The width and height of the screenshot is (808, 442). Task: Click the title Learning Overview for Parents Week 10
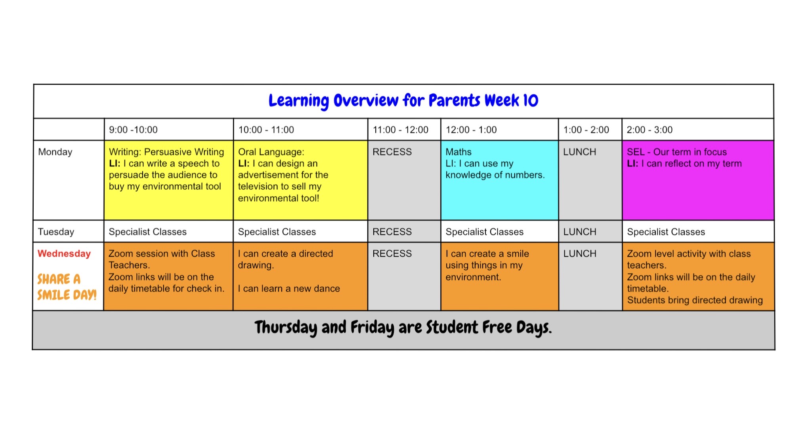[x=403, y=101]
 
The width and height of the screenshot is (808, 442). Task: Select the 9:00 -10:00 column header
[x=133, y=130]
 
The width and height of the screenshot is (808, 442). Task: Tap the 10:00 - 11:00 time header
[x=266, y=130]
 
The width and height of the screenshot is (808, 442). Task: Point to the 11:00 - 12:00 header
[x=400, y=130]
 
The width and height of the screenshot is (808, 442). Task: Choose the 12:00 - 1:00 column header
[x=471, y=130]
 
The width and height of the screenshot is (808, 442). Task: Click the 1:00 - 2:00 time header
[x=586, y=130]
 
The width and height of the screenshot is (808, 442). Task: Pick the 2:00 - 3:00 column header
[x=649, y=130]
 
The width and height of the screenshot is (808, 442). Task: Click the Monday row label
[x=55, y=152]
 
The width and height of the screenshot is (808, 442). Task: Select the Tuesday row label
[x=56, y=232]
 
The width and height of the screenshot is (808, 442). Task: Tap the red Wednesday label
[x=64, y=253]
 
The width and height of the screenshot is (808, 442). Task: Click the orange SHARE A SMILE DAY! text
[x=67, y=287]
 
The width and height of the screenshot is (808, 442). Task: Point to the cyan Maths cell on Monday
[x=499, y=180]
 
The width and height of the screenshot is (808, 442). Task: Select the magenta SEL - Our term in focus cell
[x=698, y=180]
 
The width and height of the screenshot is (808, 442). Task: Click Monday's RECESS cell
[x=404, y=180]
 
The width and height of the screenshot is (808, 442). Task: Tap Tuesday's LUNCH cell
[x=590, y=231]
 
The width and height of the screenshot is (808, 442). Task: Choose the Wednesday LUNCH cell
[x=590, y=276]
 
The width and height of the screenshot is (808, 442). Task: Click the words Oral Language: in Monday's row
[x=271, y=152]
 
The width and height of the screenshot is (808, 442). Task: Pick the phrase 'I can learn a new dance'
[x=289, y=288]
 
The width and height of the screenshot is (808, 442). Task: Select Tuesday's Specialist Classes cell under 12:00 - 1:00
[x=499, y=231]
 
